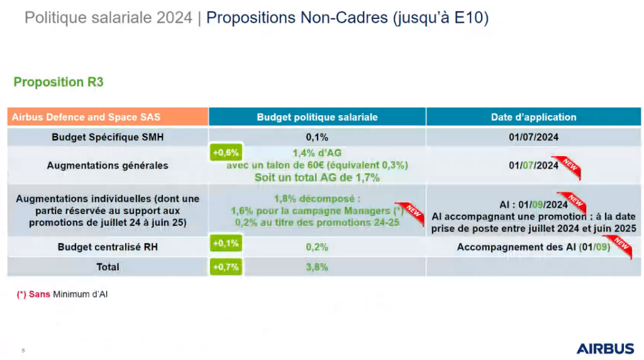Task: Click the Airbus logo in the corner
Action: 605,348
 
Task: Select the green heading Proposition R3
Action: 58,82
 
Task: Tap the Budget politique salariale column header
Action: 317,117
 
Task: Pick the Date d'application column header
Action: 533,117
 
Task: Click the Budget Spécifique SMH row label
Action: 108,137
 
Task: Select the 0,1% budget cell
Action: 317,137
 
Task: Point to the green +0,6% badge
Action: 225,152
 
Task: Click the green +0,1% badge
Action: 225,244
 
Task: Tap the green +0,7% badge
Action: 225,267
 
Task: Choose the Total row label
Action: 108,267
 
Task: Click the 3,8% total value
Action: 317,267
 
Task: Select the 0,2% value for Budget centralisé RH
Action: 317,247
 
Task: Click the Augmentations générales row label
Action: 108,166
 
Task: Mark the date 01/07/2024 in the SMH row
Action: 533,137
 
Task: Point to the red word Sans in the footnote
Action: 40,294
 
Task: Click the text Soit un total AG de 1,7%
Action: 317,177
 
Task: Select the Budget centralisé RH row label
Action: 108,247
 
